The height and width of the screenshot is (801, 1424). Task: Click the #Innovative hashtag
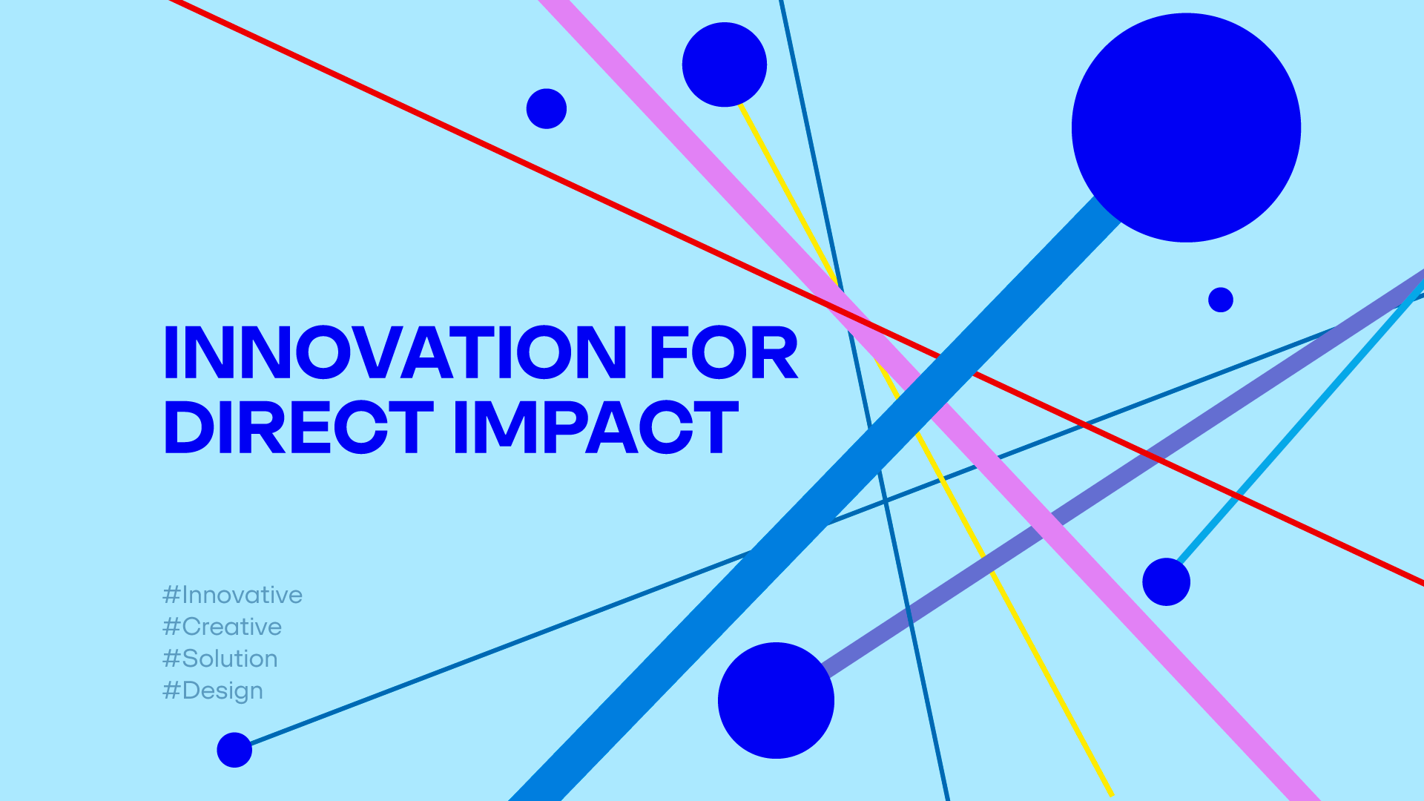[x=232, y=595]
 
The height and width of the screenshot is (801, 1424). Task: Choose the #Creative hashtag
[x=222, y=627]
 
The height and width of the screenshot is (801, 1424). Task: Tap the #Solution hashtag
[x=220, y=659]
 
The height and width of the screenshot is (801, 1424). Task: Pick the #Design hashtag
[x=212, y=690]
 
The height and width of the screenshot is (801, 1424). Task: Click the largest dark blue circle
[x=1186, y=128]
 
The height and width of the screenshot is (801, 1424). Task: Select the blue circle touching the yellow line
[x=725, y=65]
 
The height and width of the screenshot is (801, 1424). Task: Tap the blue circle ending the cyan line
[x=1166, y=581]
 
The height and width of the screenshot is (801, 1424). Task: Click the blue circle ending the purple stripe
[x=776, y=700]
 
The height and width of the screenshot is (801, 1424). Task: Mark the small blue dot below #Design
[x=234, y=750]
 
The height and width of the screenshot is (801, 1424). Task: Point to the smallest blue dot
[x=1221, y=300]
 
